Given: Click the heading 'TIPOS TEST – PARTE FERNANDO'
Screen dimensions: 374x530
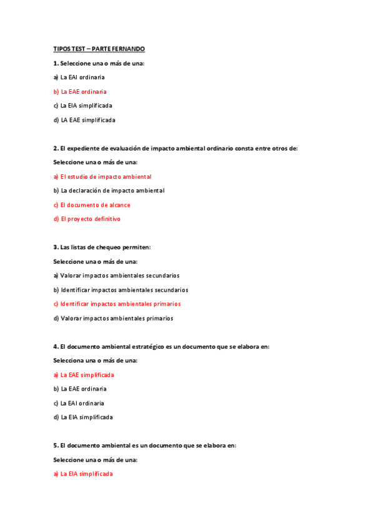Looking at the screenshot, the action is tap(99, 49).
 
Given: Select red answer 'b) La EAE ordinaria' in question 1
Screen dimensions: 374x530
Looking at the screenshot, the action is tap(80, 91).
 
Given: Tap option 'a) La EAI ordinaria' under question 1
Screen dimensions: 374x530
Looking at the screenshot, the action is tap(79, 77).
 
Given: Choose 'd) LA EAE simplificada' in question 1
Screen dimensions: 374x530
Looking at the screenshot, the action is tap(84, 120).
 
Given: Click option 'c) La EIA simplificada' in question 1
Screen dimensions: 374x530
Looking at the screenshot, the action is tap(82, 106).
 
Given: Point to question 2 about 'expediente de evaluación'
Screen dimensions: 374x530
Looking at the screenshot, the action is tap(175, 148).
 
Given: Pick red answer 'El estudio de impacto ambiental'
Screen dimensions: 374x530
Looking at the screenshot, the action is tap(102, 177).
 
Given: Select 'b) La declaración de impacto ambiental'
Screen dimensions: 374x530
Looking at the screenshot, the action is tap(109, 191).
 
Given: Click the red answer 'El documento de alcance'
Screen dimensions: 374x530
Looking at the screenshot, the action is tap(92, 205).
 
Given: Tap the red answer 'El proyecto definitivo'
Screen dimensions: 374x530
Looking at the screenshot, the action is tap(87, 219).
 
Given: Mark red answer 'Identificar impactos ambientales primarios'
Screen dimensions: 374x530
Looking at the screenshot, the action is tap(117, 304).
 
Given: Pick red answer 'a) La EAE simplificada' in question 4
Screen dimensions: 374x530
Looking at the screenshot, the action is tap(84, 375).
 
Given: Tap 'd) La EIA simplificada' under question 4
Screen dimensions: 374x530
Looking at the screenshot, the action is tap(83, 417).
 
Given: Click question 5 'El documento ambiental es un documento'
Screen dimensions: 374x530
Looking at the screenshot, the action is tap(144, 446).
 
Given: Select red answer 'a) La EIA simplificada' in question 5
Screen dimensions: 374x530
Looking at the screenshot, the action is tap(83, 474).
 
